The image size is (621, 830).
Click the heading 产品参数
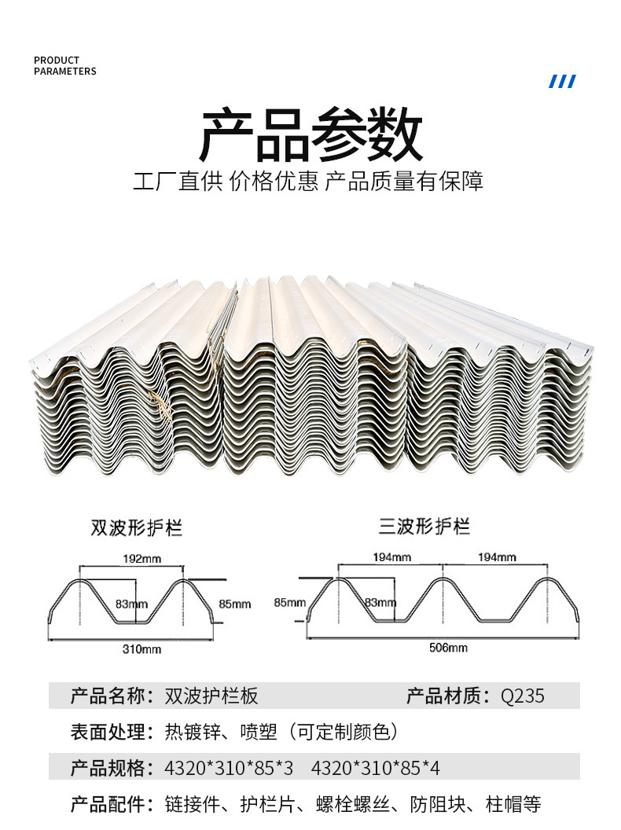click(x=310, y=134)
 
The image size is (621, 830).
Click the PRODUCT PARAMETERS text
click(x=65, y=66)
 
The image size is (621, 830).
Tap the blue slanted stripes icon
click(x=562, y=82)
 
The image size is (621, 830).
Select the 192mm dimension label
click(x=141, y=559)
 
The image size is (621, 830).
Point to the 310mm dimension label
click(x=141, y=649)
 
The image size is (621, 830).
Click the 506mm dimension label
click(x=448, y=648)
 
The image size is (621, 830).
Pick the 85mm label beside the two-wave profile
click(x=234, y=604)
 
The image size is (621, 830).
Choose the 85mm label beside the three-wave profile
click(x=289, y=602)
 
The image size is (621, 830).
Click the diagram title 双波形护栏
click(x=137, y=527)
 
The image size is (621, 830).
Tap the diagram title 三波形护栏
click(x=424, y=526)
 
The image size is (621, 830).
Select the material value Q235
click(x=523, y=696)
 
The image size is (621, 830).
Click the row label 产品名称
click(x=108, y=696)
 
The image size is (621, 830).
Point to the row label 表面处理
click(x=108, y=732)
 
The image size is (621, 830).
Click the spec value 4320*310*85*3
click(x=229, y=768)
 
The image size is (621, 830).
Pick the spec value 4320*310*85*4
click(x=376, y=768)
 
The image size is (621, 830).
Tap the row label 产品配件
click(x=108, y=804)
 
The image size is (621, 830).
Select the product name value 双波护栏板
click(x=211, y=696)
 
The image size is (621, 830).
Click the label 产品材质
click(x=443, y=696)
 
